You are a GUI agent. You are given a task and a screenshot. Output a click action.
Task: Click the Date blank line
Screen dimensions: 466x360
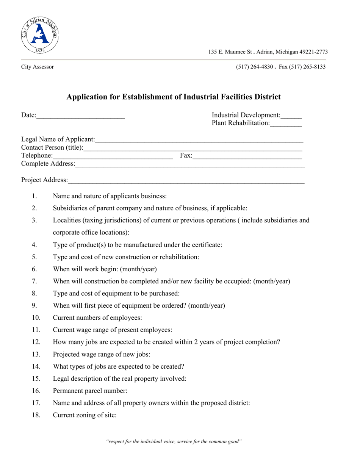(x=80, y=116)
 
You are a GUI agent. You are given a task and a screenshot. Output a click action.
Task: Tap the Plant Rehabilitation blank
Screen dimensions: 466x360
(x=286, y=124)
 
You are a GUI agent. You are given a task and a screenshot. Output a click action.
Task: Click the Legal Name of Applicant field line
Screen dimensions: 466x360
(x=199, y=140)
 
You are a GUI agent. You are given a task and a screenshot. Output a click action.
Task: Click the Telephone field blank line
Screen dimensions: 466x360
(x=113, y=156)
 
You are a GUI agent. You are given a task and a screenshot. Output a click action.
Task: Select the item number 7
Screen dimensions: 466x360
(x=34, y=281)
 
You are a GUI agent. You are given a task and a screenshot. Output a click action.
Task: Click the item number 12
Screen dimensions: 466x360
(x=36, y=342)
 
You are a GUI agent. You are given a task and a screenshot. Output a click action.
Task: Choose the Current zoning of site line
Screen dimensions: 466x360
(x=85, y=415)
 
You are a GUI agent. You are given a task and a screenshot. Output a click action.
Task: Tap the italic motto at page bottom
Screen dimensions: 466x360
(x=174, y=441)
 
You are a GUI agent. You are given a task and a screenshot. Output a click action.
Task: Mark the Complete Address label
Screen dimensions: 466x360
(x=48, y=164)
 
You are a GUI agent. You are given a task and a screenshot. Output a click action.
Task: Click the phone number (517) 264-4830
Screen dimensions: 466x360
(x=254, y=67)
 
